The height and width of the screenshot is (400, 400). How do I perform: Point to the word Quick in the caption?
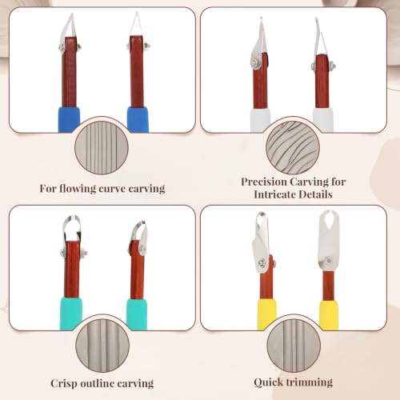coord(268,382)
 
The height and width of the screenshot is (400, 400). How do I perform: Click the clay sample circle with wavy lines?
coord(293,147)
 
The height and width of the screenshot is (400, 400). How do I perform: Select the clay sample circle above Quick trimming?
coord(294,346)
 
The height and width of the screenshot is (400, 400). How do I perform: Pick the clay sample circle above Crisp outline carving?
coord(102,346)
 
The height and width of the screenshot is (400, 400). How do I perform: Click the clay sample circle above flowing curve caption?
coord(102,147)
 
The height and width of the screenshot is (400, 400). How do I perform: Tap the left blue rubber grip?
coord(69,119)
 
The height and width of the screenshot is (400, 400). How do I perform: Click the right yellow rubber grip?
coord(329,315)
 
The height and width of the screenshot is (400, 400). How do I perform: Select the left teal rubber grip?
coord(70,314)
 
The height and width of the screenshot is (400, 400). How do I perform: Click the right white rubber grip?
coord(323,120)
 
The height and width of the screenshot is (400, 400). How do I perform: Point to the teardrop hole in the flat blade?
coord(329,220)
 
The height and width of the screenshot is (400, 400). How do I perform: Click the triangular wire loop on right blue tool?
coord(137,24)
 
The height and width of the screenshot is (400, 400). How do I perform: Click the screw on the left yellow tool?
coord(262,263)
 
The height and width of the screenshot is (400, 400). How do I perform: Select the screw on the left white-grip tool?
coord(254,63)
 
